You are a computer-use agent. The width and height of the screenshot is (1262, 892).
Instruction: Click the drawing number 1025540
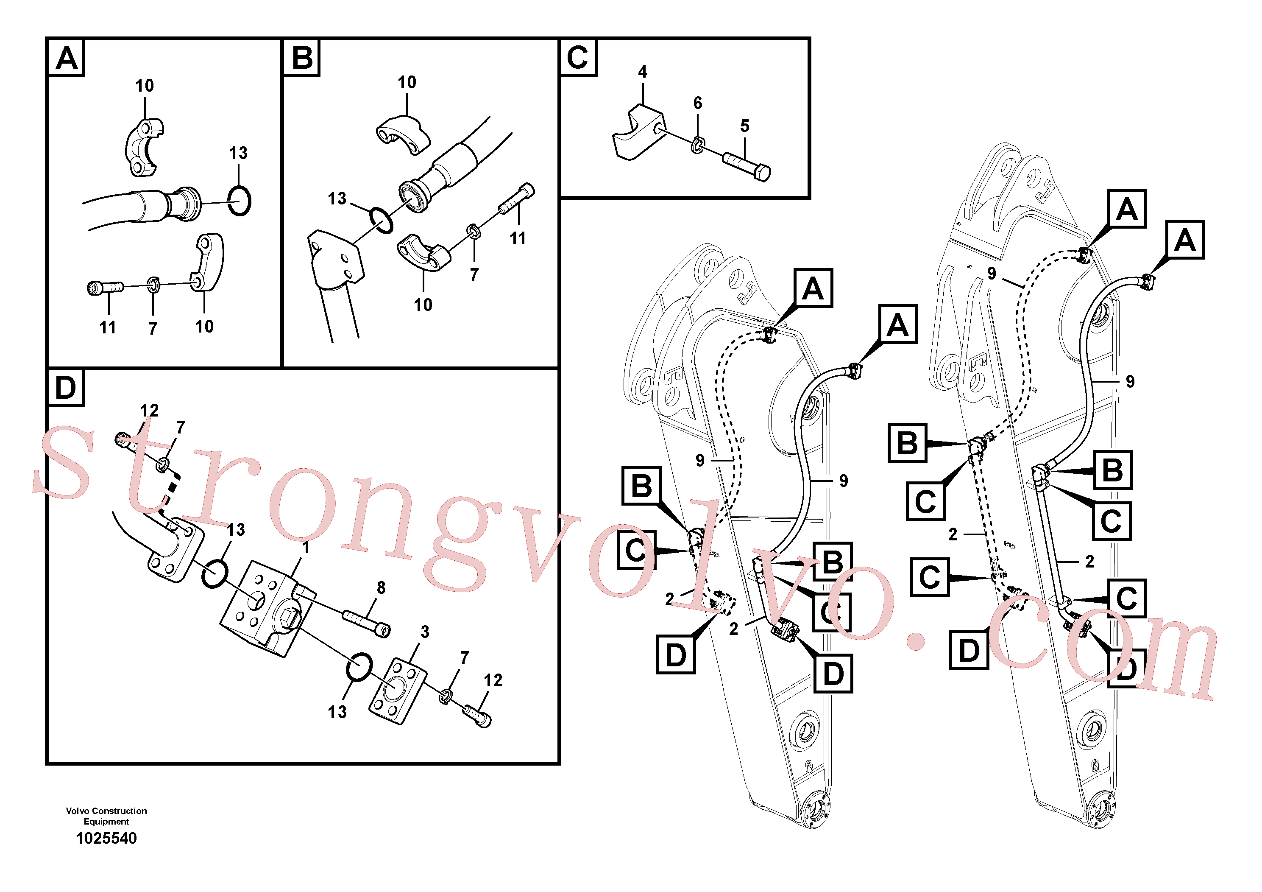coord(106,838)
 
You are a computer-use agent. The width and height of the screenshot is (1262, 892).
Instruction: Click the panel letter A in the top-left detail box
coord(67,58)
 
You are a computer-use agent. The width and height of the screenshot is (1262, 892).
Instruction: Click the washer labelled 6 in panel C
coord(697,146)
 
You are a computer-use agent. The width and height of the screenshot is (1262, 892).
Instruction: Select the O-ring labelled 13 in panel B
coord(380,220)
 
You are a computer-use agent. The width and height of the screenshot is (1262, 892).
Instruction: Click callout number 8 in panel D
coord(381,588)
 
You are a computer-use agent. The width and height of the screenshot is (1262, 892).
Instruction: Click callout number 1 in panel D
coord(306,548)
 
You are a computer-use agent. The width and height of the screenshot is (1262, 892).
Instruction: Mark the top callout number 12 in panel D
coord(149,410)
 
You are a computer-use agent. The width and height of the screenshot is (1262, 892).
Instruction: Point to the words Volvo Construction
coord(106,811)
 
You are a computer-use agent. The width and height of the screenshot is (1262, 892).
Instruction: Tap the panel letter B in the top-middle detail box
coord(302,58)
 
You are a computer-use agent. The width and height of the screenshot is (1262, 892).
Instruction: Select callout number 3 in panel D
coord(425,632)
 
